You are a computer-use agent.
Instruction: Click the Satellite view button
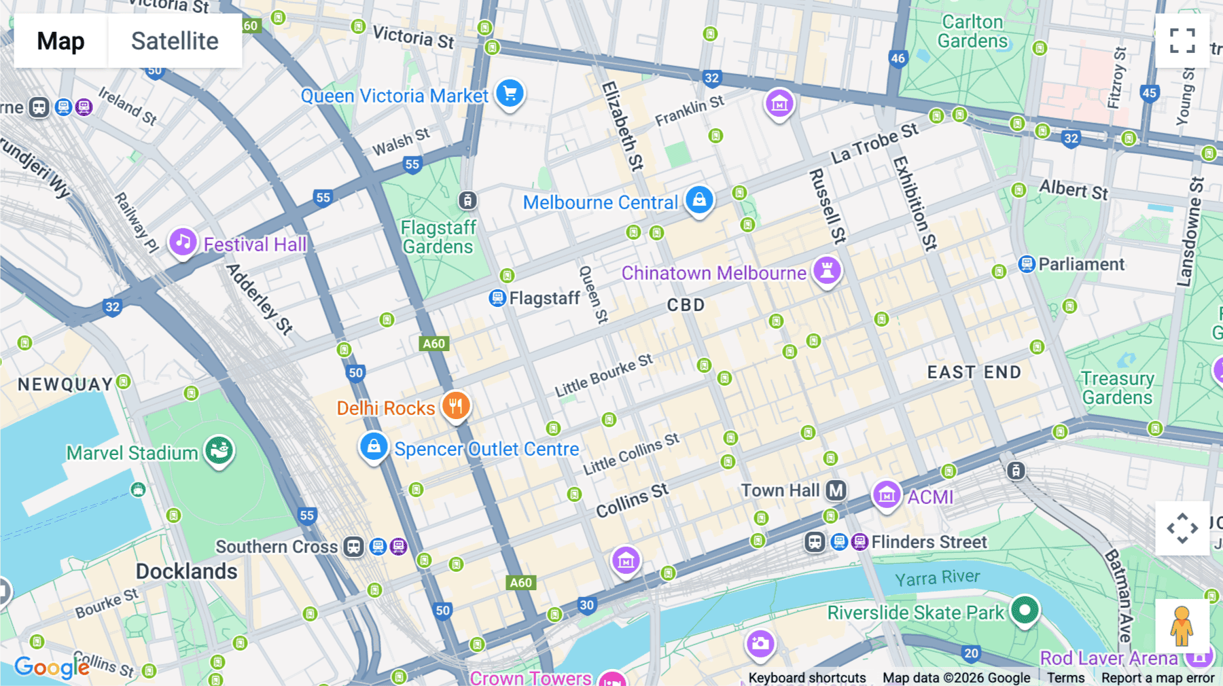point(175,41)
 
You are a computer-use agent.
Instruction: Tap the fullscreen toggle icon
point(1182,41)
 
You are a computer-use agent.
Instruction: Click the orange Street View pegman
point(1182,626)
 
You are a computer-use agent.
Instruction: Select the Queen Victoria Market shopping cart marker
point(510,94)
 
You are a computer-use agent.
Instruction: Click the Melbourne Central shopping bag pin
point(699,200)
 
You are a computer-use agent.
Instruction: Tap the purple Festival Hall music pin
point(183,242)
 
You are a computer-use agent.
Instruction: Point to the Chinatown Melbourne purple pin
point(827,270)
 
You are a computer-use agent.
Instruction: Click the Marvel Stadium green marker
point(219,450)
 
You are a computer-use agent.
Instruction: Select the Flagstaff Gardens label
point(438,237)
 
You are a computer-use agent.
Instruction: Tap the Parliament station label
point(1081,264)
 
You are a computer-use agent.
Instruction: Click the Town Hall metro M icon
point(836,490)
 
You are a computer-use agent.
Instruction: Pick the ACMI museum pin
point(887,496)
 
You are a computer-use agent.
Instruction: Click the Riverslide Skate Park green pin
point(1025,610)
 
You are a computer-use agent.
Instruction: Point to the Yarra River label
point(937,578)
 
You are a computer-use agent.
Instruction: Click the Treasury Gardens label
point(1117,388)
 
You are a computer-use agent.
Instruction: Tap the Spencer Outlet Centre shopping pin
point(374,447)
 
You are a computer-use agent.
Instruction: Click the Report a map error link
point(1157,678)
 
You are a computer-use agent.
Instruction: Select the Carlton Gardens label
point(972,32)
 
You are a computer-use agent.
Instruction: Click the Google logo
point(52,667)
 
